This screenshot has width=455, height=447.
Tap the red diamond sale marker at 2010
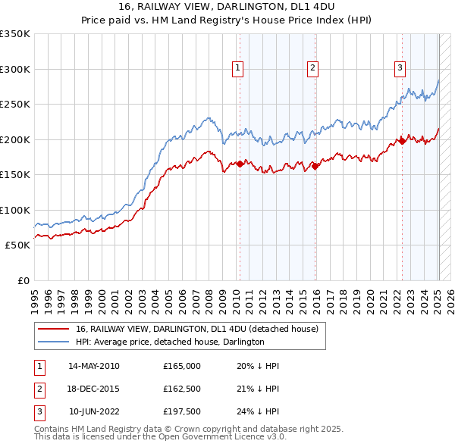240,164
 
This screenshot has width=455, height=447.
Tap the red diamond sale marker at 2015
315,166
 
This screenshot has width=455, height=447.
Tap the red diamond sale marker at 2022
402,141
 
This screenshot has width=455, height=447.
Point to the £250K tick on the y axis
15,104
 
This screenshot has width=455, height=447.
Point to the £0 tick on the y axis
23,280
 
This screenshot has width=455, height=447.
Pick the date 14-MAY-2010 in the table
93,366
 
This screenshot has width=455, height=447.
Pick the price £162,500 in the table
182,389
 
